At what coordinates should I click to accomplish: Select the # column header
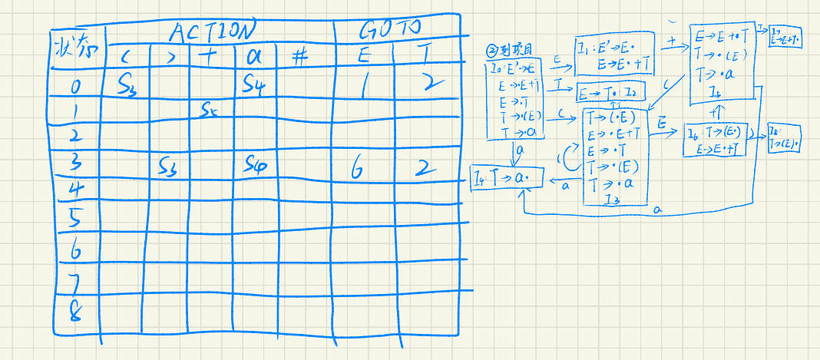point(299,57)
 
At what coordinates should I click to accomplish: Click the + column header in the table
point(207,57)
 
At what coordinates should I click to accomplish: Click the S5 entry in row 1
point(210,109)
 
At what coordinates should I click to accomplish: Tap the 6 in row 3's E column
point(357,170)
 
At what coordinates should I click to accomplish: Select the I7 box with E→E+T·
point(784,35)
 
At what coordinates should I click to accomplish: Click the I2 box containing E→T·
point(610,94)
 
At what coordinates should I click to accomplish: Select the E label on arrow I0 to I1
point(557,58)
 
